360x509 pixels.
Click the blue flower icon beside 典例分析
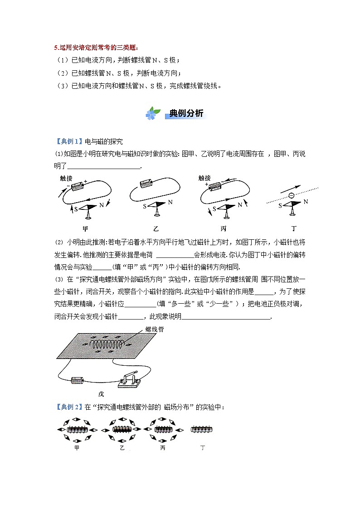click(153, 113)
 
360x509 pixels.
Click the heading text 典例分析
click(186, 113)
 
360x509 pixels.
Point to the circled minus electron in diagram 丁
click(291, 196)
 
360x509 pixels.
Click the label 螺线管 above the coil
click(154, 330)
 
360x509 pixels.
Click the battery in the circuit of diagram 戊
click(78, 380)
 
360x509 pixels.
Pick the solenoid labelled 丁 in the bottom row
click(202, 429)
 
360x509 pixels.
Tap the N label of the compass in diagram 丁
click(306, 201)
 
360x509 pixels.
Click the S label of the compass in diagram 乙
click(145, 206)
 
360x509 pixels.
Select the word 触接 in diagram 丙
click(204, 178)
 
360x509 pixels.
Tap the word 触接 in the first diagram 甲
click(66, 178)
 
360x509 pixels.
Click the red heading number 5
click(55, 48)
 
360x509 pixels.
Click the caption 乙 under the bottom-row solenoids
click(122, 448)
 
